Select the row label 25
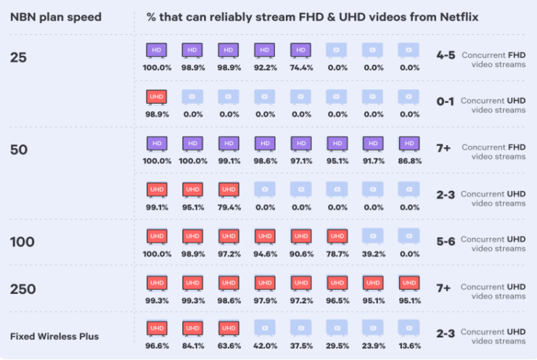(19, 58)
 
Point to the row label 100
(22, 241)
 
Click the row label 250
(23, 289)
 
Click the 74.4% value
(301, 67)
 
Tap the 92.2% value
(265, 67)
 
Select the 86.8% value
(409, 160)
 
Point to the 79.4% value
(229, 207)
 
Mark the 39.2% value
(373, 253)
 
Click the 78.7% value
(337, 253)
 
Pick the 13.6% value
(409, 346)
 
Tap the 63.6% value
(229, 346)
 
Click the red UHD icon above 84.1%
(192, 329)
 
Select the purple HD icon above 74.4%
(301, 50)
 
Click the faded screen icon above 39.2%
(373, 236)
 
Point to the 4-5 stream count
(446, 55)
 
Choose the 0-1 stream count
(446, 102)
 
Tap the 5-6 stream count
(446, 240)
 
